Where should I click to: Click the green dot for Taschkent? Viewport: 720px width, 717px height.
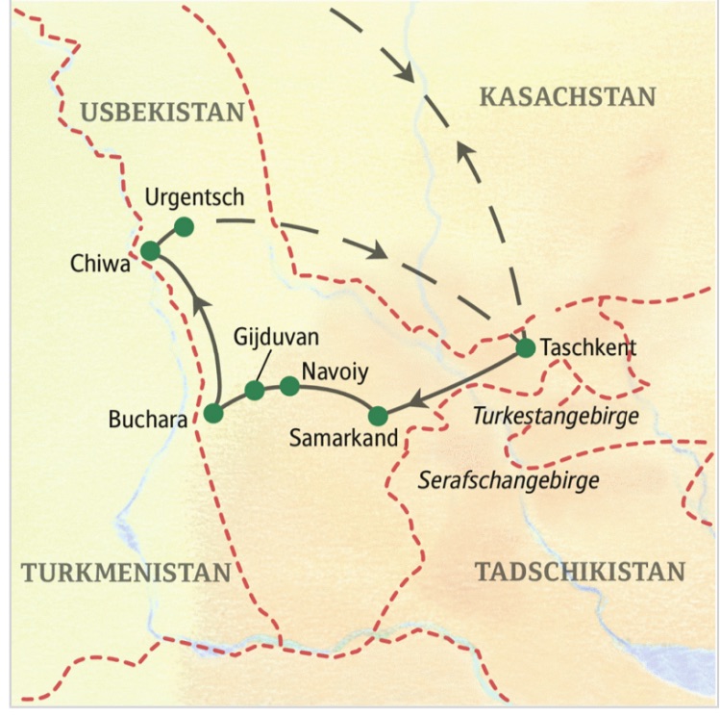coord(525,348)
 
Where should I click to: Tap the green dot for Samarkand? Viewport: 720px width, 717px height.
coord(378,416)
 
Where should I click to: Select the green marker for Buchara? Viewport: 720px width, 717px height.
coord(213,414)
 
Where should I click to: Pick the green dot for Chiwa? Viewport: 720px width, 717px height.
coord(150,251)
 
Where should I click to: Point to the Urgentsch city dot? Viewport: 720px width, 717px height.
coord(184,227)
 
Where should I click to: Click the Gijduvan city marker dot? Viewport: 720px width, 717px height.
coord(255,390)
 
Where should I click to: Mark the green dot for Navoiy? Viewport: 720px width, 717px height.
coord(288,386)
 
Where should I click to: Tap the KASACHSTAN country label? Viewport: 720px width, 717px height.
coord(566,97)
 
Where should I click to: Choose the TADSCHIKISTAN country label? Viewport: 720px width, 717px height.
coord(580,571)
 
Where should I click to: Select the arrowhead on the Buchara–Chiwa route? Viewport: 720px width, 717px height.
coord(200,306)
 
